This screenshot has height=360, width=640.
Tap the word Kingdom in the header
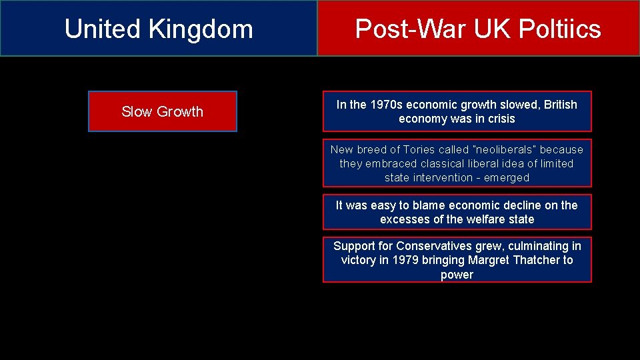[x=201, y=29]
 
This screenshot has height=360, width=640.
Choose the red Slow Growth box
[x=162, y=111]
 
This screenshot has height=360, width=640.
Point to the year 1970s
[x=387, y=105]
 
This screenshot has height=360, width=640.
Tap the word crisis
[x=501, y=119]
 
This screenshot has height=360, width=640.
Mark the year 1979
[x=405, y=260]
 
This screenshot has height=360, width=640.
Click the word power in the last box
[x=457, y=275]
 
